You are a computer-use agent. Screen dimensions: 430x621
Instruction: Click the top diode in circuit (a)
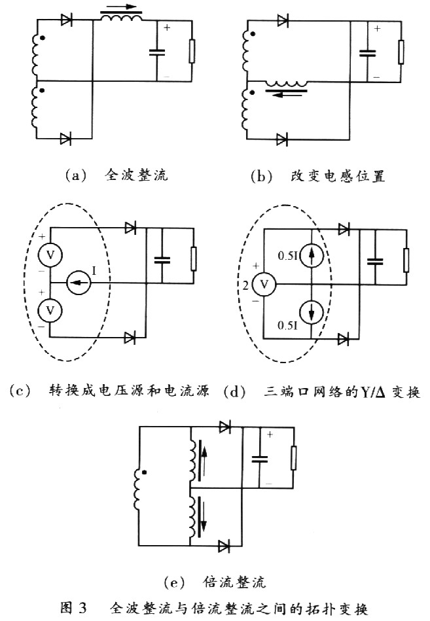tap(67, 20)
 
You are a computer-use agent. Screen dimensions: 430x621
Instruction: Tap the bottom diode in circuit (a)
tap(65, 139)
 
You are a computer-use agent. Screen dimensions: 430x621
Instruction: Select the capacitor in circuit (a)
tap(157, 52)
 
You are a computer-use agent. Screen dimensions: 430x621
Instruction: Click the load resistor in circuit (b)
tap(401, 52)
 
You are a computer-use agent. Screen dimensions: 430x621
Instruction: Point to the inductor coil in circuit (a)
tap(121, 18)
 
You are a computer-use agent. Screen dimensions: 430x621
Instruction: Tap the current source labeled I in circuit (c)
tap(79, 283)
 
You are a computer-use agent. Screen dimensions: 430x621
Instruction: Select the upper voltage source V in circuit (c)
tap(50, 255)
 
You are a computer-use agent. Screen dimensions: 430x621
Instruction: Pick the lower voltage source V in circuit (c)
tap(50, 310)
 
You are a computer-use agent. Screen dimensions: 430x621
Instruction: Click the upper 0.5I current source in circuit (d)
tap(312, 257)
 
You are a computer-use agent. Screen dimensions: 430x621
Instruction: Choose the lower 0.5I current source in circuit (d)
tap(312, 312)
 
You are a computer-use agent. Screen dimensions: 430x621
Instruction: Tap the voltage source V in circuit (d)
tap(264, 284)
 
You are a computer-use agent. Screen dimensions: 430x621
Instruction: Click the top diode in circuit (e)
tap(224, 427)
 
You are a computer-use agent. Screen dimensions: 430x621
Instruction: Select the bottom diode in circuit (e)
tap(224, 546)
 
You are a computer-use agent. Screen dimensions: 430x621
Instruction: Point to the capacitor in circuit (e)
tap(259, 459)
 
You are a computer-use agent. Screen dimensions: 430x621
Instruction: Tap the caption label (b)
tap(261, 176)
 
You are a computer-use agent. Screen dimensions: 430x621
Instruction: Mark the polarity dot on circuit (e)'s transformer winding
tap(145, 472)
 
